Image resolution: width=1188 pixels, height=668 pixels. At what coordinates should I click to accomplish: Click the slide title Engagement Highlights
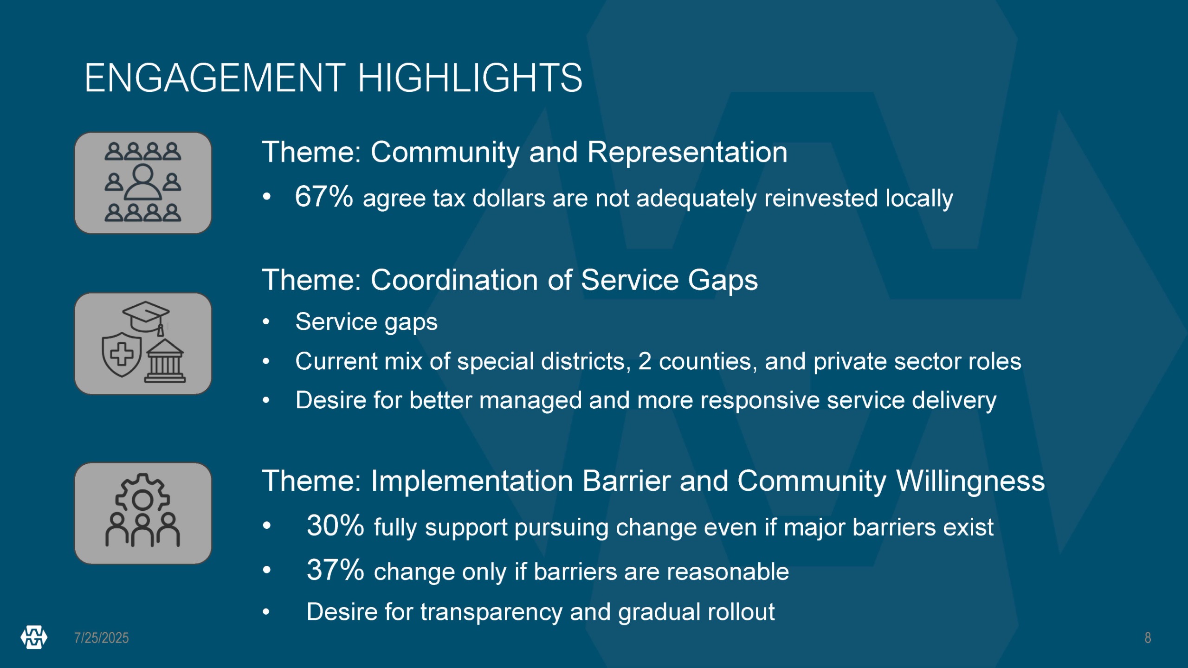tap(333, 78)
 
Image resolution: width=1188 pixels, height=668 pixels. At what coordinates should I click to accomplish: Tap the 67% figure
tap(324, 196)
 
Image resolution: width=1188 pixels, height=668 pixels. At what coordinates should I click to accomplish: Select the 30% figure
tap(336, 526)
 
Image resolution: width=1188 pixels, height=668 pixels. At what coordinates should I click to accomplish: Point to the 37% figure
tap(336, 570)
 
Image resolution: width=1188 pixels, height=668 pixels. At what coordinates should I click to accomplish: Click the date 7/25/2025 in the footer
tap(102, 638)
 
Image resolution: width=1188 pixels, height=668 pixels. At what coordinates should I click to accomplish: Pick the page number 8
tap(1148, 638)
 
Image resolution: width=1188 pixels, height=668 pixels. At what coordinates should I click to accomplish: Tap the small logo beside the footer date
tap(34, 637)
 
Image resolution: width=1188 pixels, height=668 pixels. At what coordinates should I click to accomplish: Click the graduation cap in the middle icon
tap(146, 318)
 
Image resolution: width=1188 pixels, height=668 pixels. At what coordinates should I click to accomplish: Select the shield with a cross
tap(122, 354)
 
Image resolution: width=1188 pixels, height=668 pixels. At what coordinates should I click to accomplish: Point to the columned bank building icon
tap(165, 361)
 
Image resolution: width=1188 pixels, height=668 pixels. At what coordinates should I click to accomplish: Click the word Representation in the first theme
tap(687, 152)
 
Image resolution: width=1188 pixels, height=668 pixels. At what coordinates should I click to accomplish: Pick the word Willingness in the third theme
tap(970, 482)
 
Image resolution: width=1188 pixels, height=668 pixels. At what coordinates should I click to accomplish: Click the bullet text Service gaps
tap(367, 322)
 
